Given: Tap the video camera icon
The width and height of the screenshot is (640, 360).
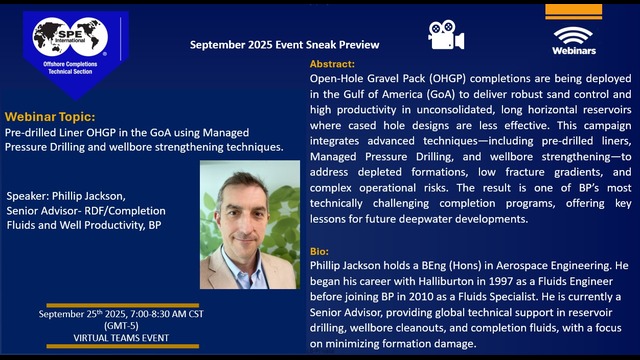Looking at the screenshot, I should point(446,34).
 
